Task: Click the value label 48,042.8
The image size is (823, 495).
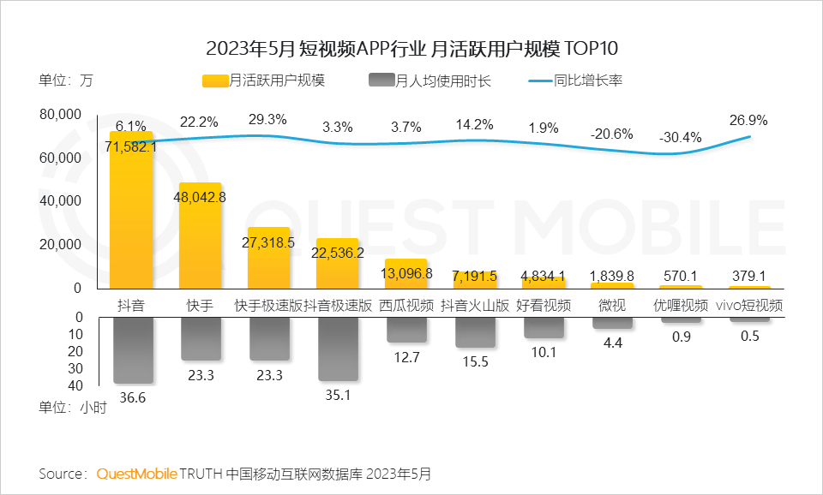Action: coord(200,196)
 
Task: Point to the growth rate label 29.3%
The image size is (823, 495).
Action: coord(267,120)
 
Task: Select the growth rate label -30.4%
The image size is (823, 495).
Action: coord(680,137)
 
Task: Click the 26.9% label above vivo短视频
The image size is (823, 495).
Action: coord(748,120)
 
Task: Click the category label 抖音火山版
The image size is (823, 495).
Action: coord(474,305)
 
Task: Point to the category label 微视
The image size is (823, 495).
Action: coord(611,305)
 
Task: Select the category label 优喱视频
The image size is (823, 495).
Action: coord(681,305)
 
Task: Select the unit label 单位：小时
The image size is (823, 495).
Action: coord(73,408)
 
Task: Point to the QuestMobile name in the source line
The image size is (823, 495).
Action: coord(137,473)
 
